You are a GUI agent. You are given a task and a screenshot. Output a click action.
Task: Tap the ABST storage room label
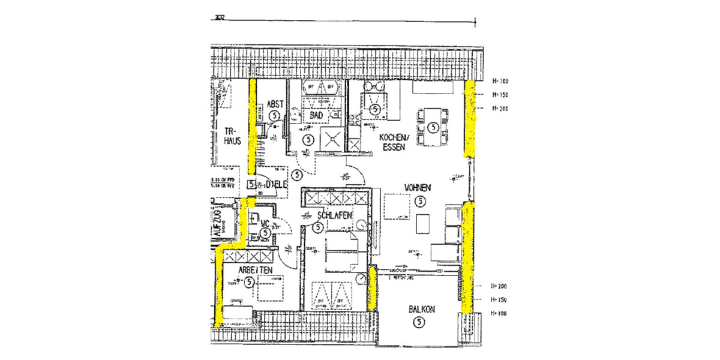tap(275, 103)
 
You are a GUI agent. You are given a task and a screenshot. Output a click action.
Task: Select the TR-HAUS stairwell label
tap(232, 136)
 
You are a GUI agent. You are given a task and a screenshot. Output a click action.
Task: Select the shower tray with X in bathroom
tap(331, 139)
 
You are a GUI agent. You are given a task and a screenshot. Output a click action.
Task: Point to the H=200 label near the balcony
tap(499, 287)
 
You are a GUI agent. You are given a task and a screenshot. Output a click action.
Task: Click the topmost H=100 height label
tap(499, 81)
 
